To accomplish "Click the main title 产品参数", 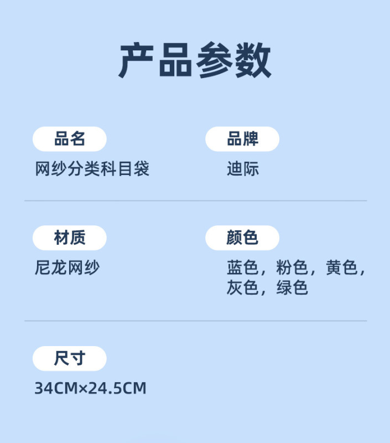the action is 195,60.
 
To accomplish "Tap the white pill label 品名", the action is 70,139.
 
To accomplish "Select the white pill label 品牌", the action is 242,139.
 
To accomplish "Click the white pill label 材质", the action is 70,238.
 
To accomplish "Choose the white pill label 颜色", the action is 242,238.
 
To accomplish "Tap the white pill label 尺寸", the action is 70,358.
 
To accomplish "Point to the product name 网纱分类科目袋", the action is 92,169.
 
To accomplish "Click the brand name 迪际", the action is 243,169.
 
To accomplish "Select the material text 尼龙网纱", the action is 67,268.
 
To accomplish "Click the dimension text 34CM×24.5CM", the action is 91,388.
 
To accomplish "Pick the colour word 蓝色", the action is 242,268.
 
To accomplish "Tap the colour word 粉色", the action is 292,268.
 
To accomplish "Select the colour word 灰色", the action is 242,287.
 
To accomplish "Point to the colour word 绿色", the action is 292,287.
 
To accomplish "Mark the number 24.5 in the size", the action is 106,388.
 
